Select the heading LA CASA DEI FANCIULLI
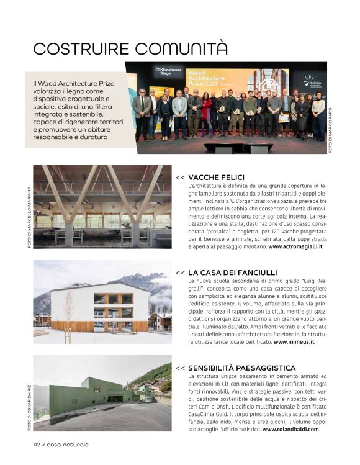click(233, 273)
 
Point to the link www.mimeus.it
click(294, 341)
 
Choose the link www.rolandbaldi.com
click(290, 429)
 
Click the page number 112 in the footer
click(39, 445)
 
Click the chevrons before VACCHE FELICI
click(180, 177)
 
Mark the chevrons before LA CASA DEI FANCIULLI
click(180, 273)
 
